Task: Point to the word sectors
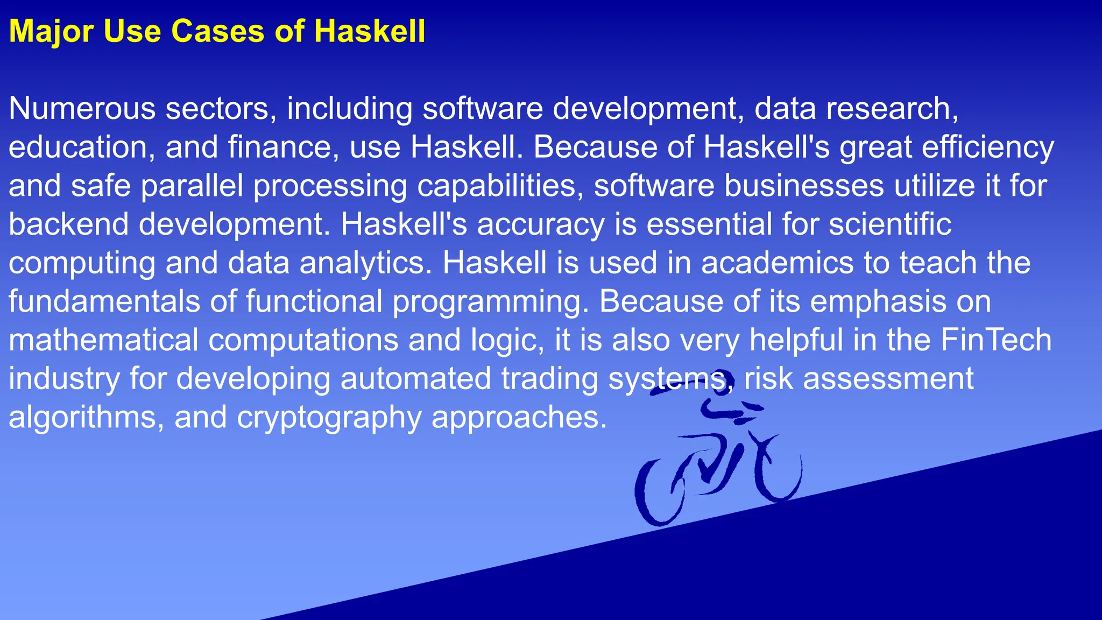tap(221, 108)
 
